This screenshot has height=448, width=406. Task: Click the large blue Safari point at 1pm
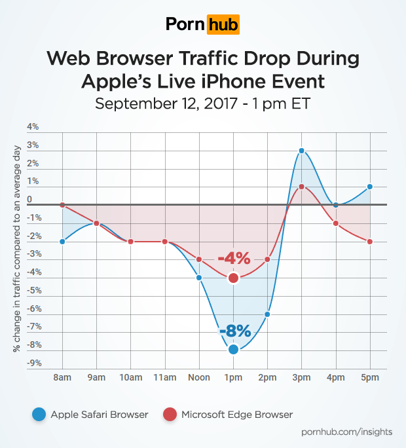[x=233, y=349]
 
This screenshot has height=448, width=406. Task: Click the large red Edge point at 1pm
[x=233, y=278]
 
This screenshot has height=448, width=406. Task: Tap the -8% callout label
[x=234, y=331]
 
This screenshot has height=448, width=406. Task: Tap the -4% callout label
[x=234, y=259]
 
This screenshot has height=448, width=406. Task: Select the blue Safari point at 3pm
[x=301, y=151]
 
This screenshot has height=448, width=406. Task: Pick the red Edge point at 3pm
[x=301, y=187]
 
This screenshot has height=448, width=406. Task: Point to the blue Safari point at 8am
[x=62, y=241]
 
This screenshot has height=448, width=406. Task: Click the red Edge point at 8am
[x=62, y=205]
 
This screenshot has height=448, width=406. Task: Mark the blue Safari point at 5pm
[x=370, y=187]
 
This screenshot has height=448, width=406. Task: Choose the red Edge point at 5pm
[x=370, y=242]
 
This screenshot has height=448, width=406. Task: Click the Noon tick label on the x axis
[x=199, y=378]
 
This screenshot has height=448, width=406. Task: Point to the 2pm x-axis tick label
[x=267, y=378]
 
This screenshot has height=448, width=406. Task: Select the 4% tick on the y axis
[x=32, y=126]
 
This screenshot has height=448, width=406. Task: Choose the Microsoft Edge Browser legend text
[x=236, y=414]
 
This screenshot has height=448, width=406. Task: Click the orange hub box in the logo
[x=223, y=25]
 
